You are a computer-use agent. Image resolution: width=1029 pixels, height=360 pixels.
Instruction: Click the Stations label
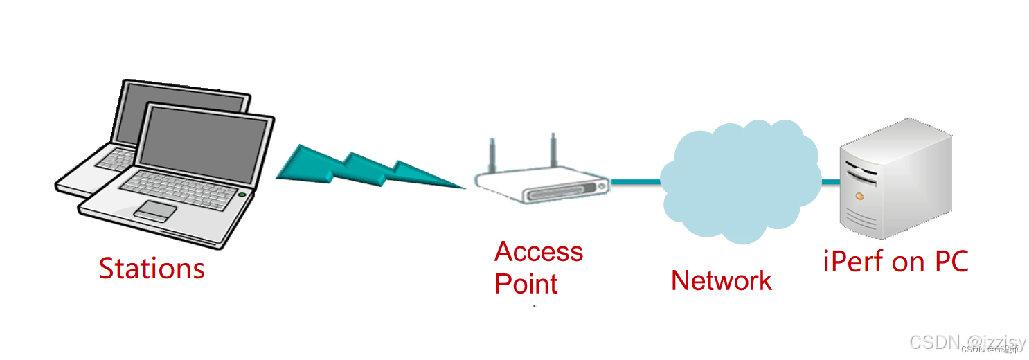point(152,269)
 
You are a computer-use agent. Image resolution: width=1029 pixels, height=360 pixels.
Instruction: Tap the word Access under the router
point(539,252)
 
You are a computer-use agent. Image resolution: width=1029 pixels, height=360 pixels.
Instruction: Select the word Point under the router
point(526,284)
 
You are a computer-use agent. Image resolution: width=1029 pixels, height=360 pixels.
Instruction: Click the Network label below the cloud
point(722,280)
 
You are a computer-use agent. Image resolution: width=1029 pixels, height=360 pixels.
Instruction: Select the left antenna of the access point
point(493,154)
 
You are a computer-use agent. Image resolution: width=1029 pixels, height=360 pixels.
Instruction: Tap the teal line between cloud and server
point(830,182)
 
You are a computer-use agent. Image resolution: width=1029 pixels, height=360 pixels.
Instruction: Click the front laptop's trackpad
point(155,210)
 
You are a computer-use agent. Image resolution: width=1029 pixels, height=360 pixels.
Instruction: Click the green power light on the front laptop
point(241,195)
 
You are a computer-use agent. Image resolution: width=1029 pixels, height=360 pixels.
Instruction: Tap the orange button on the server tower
point(859,197)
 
